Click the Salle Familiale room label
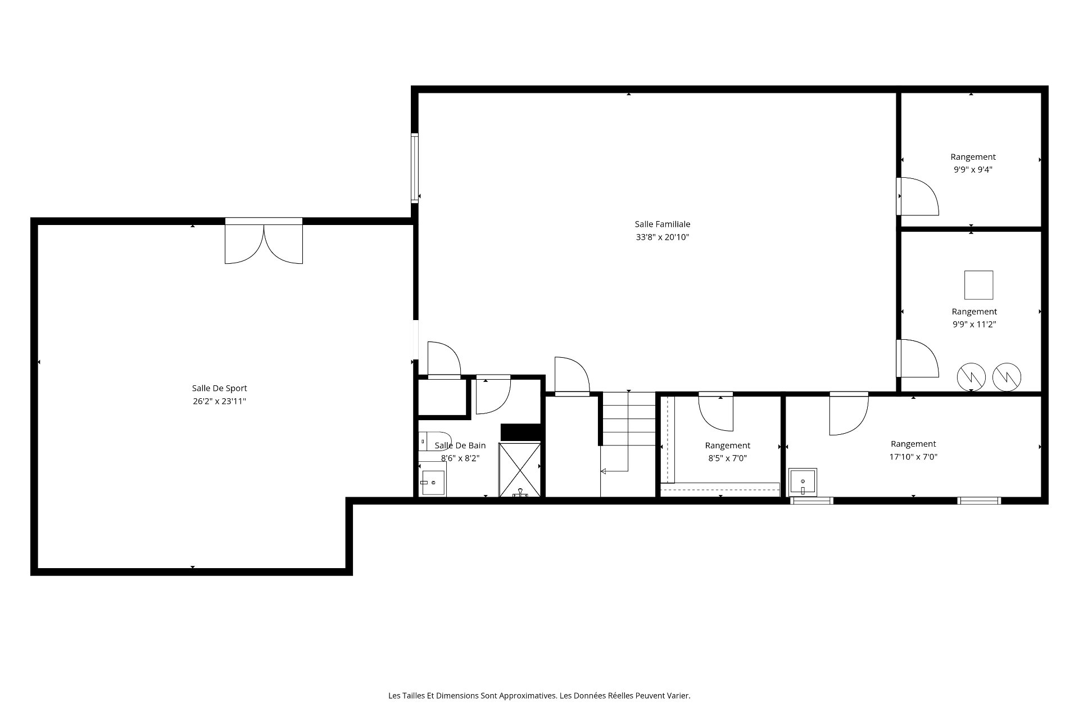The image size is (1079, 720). (x=663, y=224)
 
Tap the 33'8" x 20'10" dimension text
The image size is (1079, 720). (x=663, y=237)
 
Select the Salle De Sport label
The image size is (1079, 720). (x=219, y=388)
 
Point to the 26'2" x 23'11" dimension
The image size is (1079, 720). (x=219, y=401)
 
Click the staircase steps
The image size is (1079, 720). (x=628, y=419)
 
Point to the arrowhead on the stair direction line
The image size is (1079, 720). (x=604, y=471)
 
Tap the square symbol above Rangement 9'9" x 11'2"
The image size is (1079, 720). (x=978, y=285)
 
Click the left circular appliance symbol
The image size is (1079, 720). (x=972, y=377)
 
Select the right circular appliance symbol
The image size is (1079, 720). (x=1007, y=377)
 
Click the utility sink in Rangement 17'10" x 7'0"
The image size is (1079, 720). (x=803, y=483)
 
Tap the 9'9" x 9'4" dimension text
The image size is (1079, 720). (x=973, y=170)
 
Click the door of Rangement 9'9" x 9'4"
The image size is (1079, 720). (x=917, y=196)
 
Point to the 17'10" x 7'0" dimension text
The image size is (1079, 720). (x=913, y=457)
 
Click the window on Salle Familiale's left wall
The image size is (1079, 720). (x=415, y=167)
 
